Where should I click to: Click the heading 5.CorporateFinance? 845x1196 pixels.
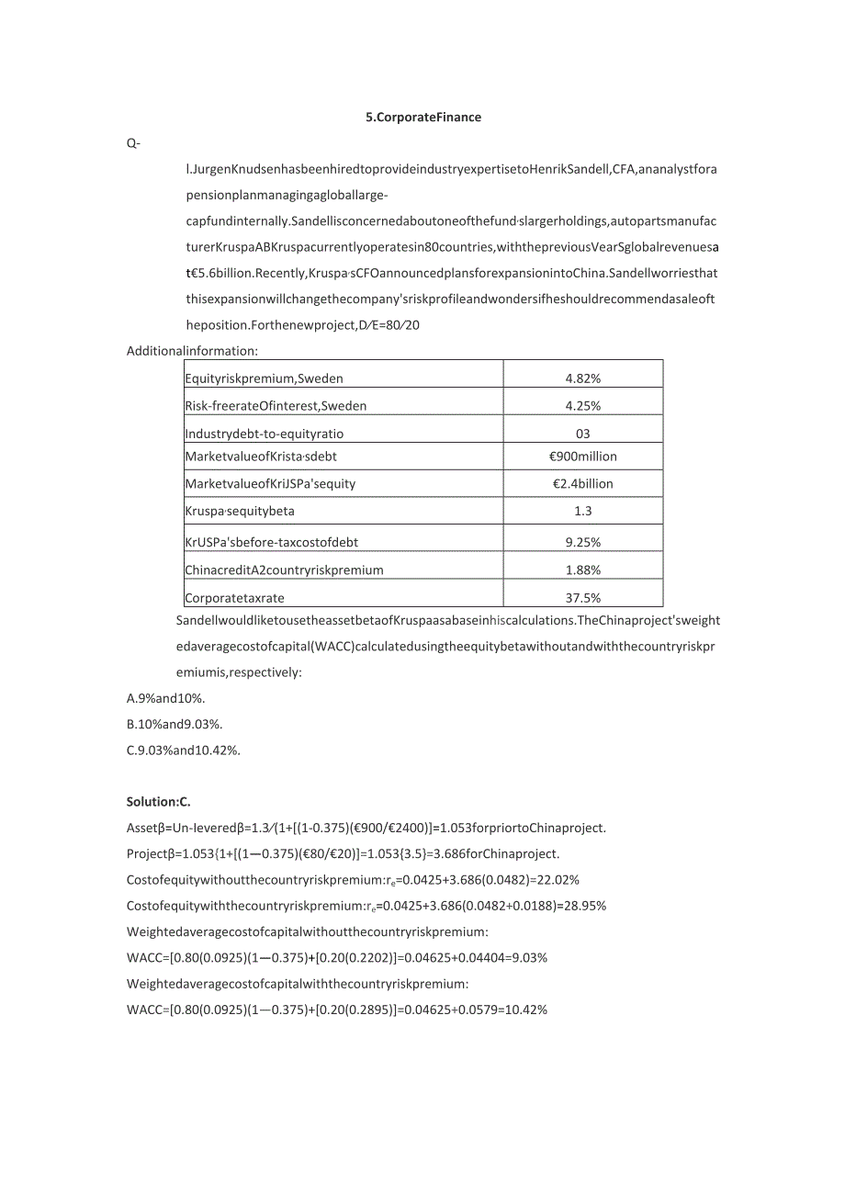point(422,118)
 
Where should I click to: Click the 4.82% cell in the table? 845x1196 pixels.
point(582,378)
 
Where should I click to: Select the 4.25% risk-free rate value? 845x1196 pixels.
point(582,406)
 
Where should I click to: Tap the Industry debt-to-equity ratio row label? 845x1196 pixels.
point(264,434)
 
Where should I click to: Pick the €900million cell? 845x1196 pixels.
point(582,457)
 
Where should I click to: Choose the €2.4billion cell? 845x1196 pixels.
point(582,484)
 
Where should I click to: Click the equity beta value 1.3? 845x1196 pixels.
point(582,511)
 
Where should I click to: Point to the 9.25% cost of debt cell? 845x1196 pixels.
point(582,543)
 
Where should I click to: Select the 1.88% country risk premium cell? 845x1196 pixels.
point(582,570)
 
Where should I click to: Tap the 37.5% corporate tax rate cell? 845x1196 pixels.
point(582,598)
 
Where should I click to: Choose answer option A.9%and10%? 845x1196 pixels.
point(165,698)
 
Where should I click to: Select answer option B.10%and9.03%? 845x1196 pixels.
point(175,724)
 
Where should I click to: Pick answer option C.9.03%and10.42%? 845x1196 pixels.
point(183,750)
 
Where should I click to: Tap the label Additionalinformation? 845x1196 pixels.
point(192,351)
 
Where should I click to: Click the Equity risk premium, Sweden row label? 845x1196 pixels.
point(264,378)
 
